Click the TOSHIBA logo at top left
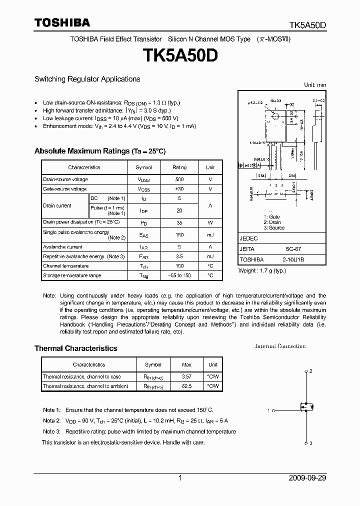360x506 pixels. coord(62,22)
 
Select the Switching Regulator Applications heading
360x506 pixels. coord(87,79)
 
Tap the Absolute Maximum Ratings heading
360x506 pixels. coord(99,151)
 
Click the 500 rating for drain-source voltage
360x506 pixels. coord(179,179)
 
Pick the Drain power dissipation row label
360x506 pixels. coord(81,221)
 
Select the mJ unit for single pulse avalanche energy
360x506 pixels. coord(210,234)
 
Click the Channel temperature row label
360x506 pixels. coord(66,266)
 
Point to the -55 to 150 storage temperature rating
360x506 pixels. coord(179,275)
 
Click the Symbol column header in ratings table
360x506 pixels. coord(143,167)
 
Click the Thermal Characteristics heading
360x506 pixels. coord(75,348)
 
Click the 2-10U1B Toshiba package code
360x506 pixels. coord(289,259)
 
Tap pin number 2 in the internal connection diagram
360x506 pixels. coord(310,371)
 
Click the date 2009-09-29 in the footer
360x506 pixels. coord(307,478)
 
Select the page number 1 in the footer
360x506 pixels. coord(180,478)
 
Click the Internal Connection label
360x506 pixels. coord(280,346)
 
